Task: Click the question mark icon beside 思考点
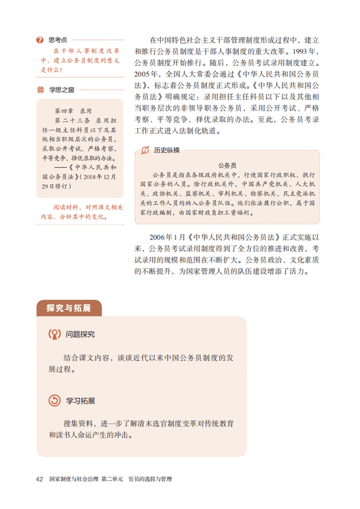[x=40, y=40]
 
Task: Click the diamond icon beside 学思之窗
[x=40, y=89]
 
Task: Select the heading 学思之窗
[x=62, y=89]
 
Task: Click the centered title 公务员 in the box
[x=227, y=165]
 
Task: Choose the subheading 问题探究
[x=80, y=335]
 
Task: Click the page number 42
[x=40, y=479]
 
